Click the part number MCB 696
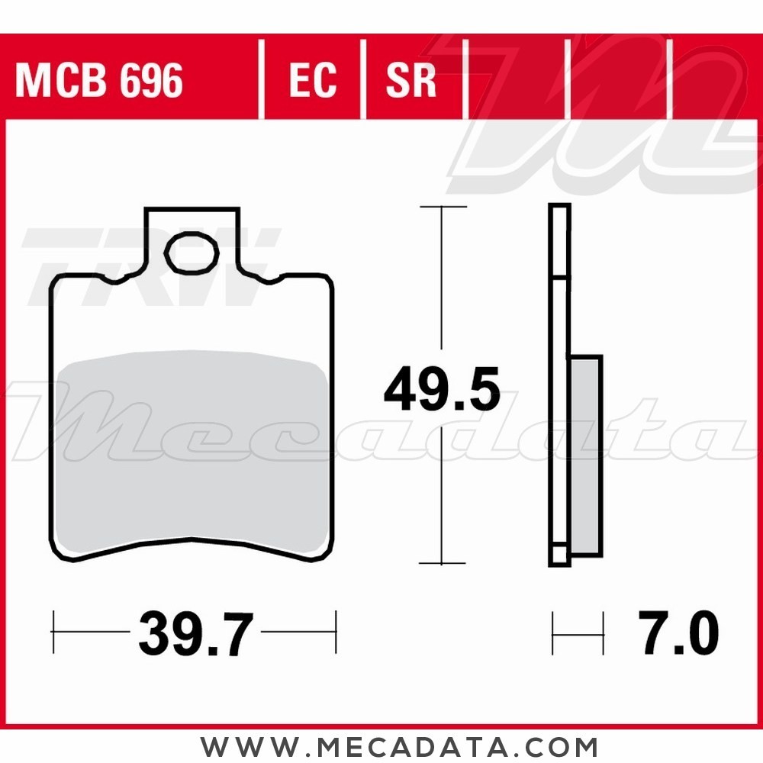(99, 80)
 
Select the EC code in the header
(312, 80)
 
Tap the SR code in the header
(410, 80)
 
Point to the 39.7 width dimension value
(196, 633)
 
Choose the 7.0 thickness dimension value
(678, 633)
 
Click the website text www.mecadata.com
(399, 746)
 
